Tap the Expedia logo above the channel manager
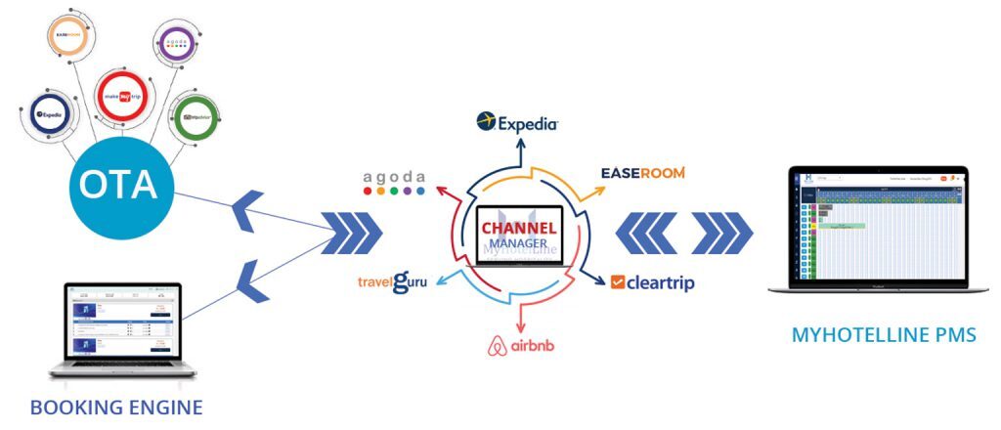[x=517, y=123]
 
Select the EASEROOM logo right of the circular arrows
[x=642, y=173]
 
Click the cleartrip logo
[x=652, y=282]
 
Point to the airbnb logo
[x=520, y=347]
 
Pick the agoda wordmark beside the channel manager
[x=395, y=176]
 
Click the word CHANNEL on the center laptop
[x=518, y=228]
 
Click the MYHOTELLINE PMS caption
[x=883, y=336]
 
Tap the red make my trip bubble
[x=123, y=95]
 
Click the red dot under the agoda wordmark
[x=368, y=192]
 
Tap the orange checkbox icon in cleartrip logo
[x=618, y=282]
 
